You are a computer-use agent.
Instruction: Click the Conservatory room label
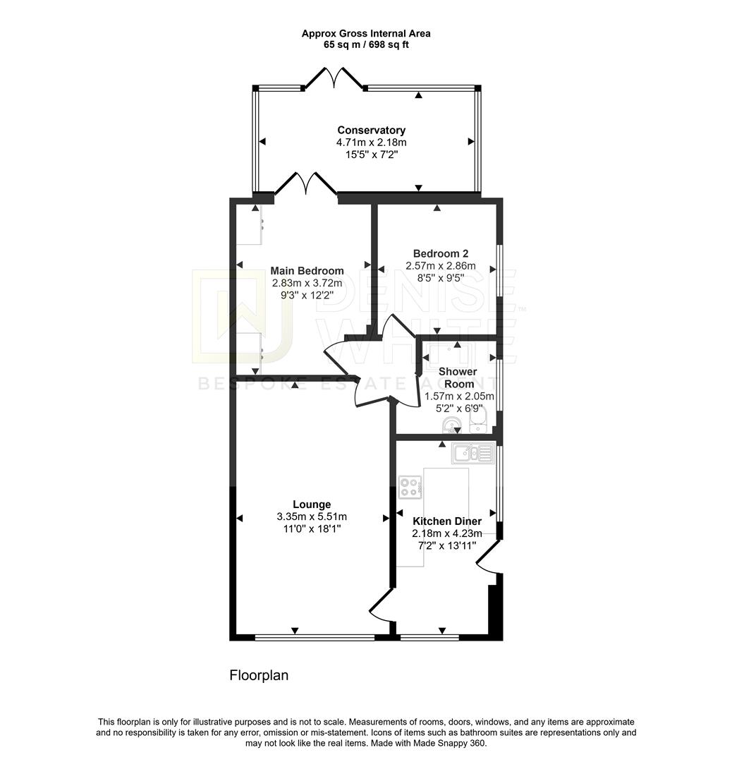pyautogui.click(x=371, y=130)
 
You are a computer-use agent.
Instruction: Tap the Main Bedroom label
pyautogui.click(x=307, y=271)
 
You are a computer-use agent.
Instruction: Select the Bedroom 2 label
pyautogui.click(x=440, y=254)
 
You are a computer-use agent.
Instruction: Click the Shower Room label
pyautogui.click(x=457, y=377)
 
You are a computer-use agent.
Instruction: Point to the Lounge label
pyautogui.click(x=312, y=504)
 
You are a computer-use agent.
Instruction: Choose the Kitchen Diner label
pyautogui.click(x=446, y=521)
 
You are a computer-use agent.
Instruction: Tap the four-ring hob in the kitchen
pyautogui.click(x=410, y=486)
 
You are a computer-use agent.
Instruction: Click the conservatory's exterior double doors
pyautogui.click(x=333, y=78)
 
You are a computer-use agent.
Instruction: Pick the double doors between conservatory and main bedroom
pyautogui.click(x=305, y=184)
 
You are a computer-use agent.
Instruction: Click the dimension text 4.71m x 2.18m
pyautogui.click(x=371, y=143)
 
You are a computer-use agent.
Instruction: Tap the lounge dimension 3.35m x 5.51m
pyautogui.click(x=312, y=516)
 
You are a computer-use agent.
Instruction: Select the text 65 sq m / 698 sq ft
pyautogui.click(x=365, y=44)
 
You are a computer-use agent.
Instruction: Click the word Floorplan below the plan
pyautogui.click(x=259, y=675)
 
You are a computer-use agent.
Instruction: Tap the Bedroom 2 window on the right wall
pyautogui.click(x=499, y=270)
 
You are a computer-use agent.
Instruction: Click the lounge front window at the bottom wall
pyautogui.click(x=315, y=637)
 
